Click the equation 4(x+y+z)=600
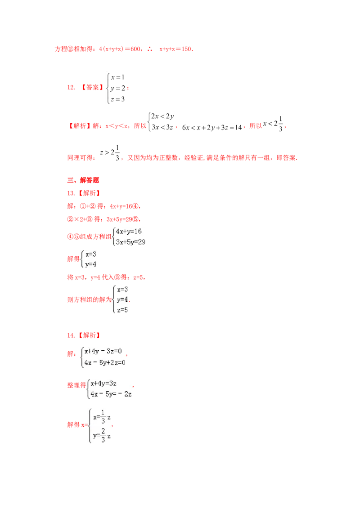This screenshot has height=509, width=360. (120, 49)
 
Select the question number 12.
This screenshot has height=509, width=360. (71, 87)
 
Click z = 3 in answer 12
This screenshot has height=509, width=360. (117, 99)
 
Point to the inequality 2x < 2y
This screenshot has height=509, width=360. (162, 116)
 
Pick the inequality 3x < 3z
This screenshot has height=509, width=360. (162, 127)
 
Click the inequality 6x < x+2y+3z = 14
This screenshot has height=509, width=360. (212, 128)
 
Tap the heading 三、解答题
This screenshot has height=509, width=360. (83, 180)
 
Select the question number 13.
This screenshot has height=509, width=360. (71, 193)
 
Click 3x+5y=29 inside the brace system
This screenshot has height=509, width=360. (130, 242)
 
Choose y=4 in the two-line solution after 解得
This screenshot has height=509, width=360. (90, 264)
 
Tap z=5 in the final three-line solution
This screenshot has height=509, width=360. (122, 310)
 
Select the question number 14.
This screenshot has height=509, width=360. (71, 335)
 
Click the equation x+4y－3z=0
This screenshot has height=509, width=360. (103, 351)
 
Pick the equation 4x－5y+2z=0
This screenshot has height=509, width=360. (104, 362)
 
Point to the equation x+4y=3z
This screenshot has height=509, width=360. (103, 384)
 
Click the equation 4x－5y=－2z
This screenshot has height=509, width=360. (111, 394)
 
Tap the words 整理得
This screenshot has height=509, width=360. (76, 385)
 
